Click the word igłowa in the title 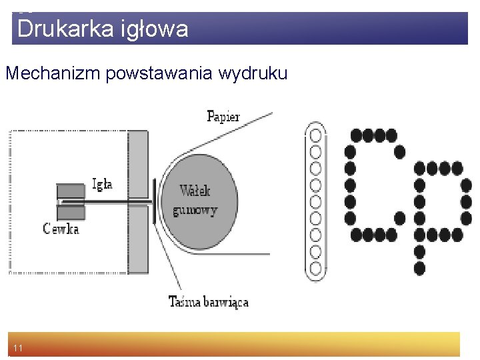click(155, 29)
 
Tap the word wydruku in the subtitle click(253, 73)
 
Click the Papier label click(223, 117)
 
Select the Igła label click(102, 185)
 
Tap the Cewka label click(61, 229)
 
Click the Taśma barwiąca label click(209, 301)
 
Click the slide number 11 click(18, 348)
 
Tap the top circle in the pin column click(315, 135)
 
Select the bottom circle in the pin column click(315, 269)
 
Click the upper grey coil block click(71, 191)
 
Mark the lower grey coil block click(71, 212)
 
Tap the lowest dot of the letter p click(419, 269)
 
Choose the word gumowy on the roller click(195, 211)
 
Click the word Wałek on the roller click(195, 191)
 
